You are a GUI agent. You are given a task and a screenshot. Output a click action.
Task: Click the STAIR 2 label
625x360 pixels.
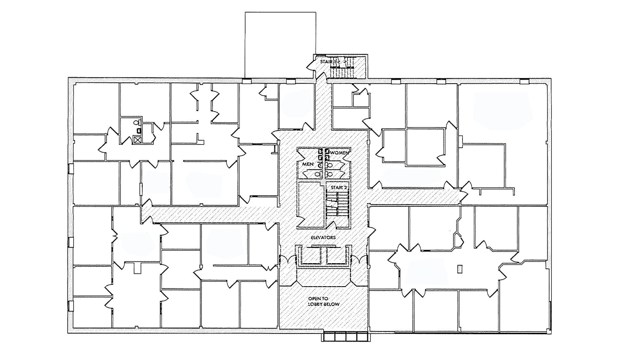click(x=339, y=187)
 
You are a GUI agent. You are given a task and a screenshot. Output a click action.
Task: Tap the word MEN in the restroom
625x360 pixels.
click(x=307, y=164)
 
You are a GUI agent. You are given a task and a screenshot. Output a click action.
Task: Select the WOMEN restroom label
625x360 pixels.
click(x=339, y=153)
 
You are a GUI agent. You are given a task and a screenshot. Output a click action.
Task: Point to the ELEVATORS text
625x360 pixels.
click(x=323, y=237)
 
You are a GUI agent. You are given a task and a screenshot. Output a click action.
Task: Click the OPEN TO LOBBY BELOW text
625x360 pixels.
click(x=323, y=301)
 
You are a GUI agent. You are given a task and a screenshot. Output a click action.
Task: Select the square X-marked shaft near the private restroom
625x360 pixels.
click(x=137, y=140)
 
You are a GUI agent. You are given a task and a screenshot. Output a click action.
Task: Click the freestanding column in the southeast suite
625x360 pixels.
click(x=460, y=269)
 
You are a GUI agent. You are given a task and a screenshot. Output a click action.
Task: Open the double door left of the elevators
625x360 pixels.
click(x=287, y=260)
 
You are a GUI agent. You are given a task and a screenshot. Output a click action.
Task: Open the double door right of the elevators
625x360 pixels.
click(x=359, y=260)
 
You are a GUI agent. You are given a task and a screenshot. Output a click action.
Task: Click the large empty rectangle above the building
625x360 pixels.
click(x=280, y=44)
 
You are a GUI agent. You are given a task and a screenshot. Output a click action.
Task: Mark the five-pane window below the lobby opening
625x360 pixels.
click(x=346, y=336)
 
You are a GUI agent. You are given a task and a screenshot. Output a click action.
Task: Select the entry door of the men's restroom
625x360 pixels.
click(x=304, y=155)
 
